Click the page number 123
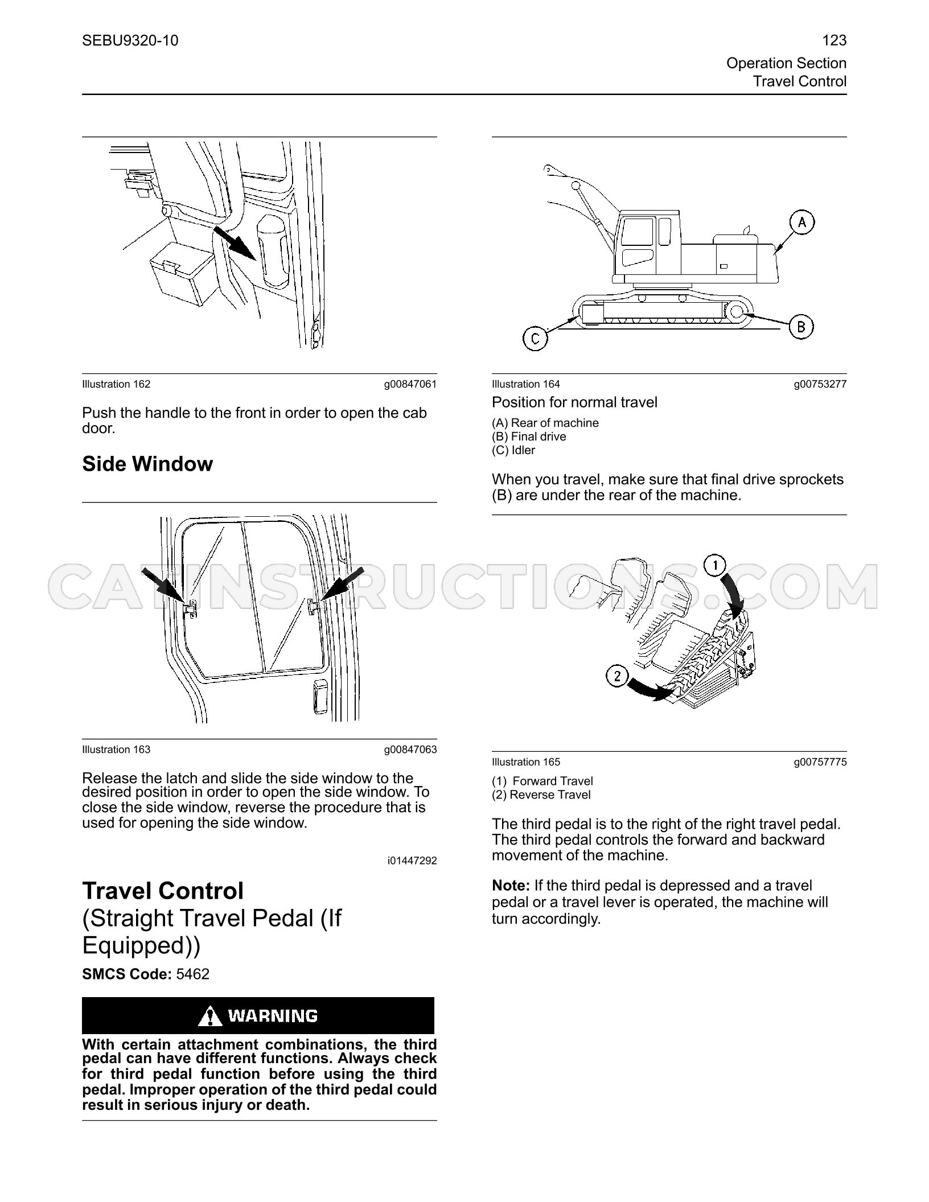click(835, 40)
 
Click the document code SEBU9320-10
click(130, 40)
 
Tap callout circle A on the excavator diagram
click(802, 223)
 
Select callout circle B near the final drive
click(801, 327)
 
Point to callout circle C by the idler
click(535, 339)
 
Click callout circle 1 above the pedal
click(715, 566)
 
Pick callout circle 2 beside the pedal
click(618, 677)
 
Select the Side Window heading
click(147, 464)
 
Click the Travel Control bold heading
click(163, 891)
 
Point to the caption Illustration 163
click(116, 750)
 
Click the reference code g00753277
click(820, 384)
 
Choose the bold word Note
click(511, 886)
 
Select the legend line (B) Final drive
click(529, 437)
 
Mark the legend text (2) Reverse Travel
click(541, 795)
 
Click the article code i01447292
click(412, 861)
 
